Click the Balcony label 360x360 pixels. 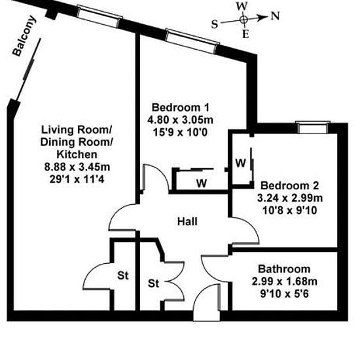tap(24, 36)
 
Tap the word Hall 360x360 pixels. tap(187, 221)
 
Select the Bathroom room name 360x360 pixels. tap(284, 269)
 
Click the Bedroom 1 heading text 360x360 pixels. tap(181, 107)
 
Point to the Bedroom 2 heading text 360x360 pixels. tap(290, 185)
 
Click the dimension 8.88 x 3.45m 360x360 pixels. tap(77, 167)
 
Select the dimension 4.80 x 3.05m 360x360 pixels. tap(180, 120)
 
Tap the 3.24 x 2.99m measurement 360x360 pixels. tap(290, 198)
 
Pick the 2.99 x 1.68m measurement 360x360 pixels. tap(285, 281)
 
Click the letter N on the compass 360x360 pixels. tap(276, 16)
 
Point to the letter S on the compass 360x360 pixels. tap(215, 24)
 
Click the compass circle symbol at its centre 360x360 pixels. tap(244, 20)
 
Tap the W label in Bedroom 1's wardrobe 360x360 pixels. tap(202, 183)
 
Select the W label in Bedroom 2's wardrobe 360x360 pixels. tap(241, 163)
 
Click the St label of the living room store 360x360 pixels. tap(123, 276)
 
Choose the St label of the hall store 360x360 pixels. tap(153, 283)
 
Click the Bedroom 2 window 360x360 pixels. tap(313, 128)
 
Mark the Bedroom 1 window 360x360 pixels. tap(192, 41)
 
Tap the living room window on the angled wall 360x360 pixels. tap(99, 16)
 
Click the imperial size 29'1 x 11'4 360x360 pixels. tap(77, 179)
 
